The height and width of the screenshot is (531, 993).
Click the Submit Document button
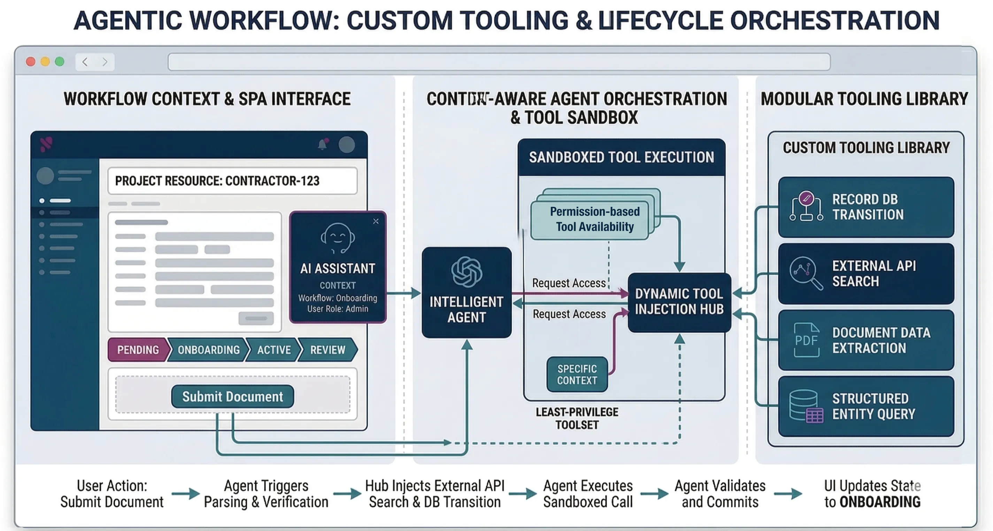[232, 396]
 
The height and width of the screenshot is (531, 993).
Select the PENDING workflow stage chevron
[138, 350]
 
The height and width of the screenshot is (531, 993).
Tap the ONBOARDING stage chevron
[208, 350]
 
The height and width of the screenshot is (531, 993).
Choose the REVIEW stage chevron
[328, 350]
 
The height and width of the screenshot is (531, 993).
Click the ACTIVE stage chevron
[274, 350]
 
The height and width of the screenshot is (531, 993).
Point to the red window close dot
[30, 62]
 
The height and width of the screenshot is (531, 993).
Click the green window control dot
[59, 62]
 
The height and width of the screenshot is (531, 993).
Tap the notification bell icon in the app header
[323, 145]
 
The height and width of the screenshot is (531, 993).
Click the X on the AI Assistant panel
[376, 221]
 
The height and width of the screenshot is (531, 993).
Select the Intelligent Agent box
[467, 293]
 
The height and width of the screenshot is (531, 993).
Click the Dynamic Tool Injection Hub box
[679, 302]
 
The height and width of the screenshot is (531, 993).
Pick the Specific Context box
[577, 374]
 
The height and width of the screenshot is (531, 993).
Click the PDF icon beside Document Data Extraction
[806, 339]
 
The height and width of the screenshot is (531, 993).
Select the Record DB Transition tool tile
[866, 207]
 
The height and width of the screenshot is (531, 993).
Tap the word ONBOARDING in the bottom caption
[880, 502]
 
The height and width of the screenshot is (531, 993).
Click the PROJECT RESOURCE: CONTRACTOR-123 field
[232, 181]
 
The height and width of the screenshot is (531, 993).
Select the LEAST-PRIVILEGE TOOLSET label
[577, 418]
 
